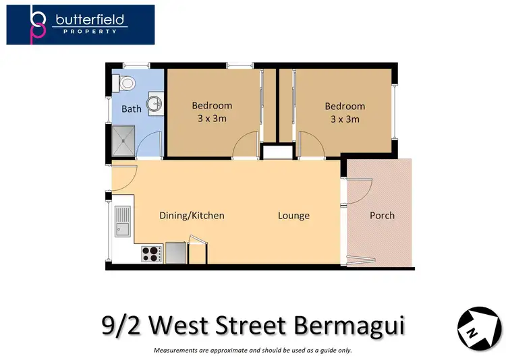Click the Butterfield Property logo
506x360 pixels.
[80, 25]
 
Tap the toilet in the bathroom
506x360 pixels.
[126, 83]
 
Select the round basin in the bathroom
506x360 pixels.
[154, 103]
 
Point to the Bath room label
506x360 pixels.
[131, 109]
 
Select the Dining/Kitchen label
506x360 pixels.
[192, 216]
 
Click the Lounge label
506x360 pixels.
[293, 216]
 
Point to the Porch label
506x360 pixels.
[382, 216]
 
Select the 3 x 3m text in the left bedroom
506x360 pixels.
[211, 119]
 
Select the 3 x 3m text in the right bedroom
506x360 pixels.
[344, 119]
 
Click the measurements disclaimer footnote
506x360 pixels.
[253, 350]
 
